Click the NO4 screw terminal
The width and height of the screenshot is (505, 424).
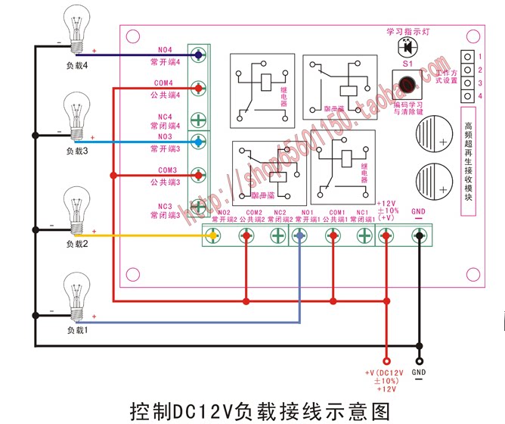tap(198, 55)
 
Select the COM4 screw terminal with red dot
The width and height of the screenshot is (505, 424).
tap(198, 89)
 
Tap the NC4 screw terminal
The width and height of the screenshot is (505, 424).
tap(198, 119)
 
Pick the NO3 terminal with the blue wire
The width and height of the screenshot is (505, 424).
tap(198, 142)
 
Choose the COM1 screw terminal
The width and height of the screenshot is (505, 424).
tap(332, 236)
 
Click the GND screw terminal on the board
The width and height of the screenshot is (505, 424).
tap(419, 236)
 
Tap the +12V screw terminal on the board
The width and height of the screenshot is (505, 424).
tap(386, 236)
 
